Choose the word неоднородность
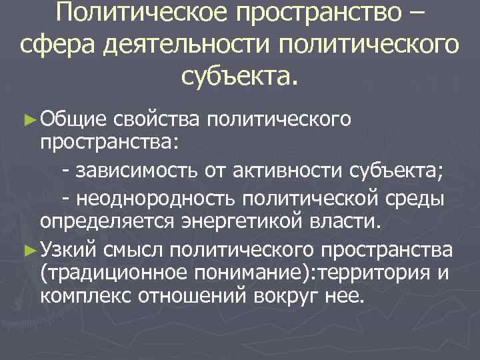tap(156, 199)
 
